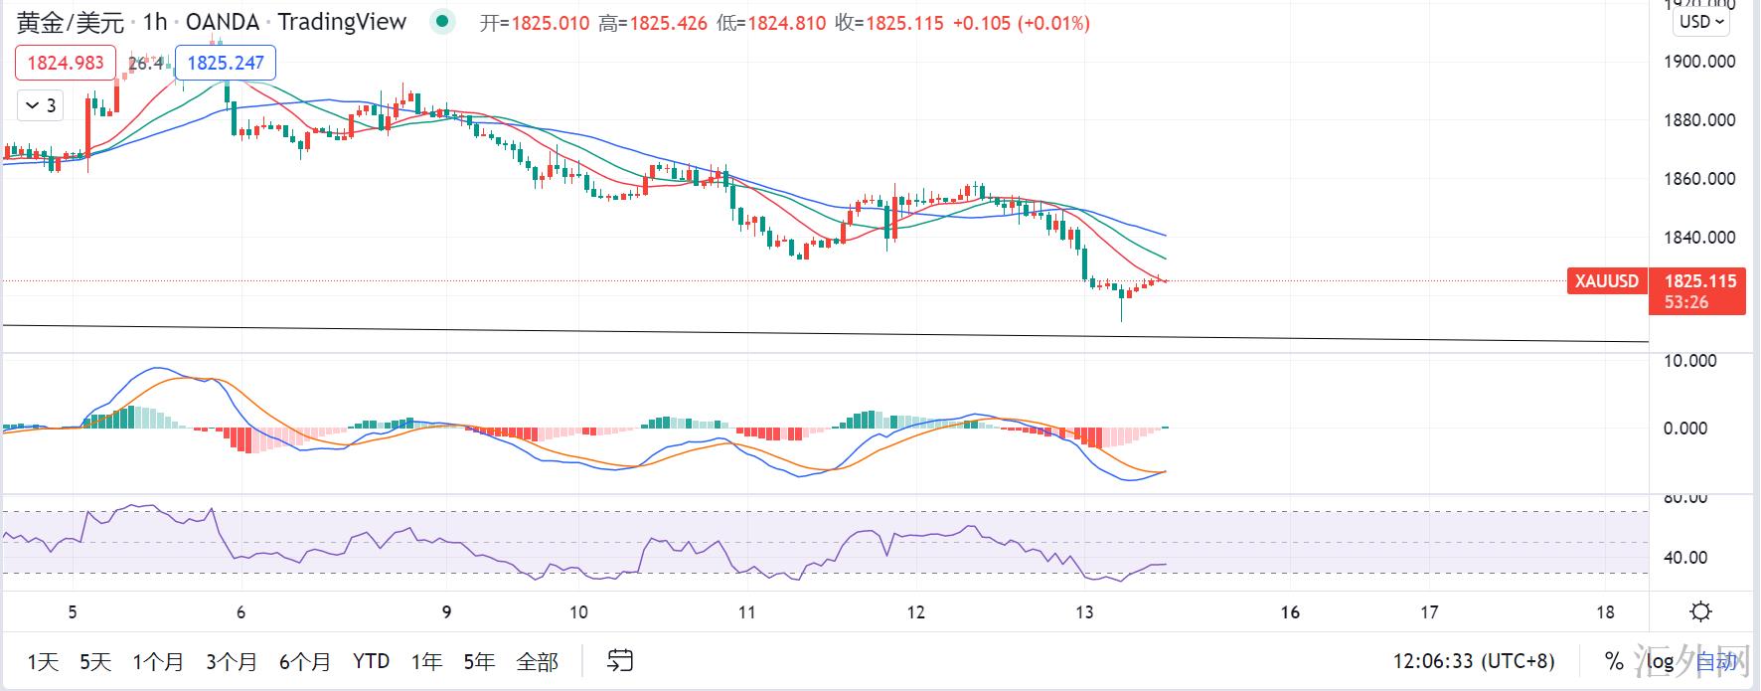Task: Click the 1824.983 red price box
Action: tap(66, 63)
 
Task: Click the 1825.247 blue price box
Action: tap(226, 63)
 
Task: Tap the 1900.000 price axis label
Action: tap(1699, 62)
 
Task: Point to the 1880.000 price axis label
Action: tap(1699, 120)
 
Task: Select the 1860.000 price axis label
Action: tap(1699, 179)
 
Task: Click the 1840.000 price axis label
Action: tap(1699, 238)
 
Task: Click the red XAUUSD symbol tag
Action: tap(1606, 281)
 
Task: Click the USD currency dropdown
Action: tap(1701, 22)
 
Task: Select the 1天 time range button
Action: tap(43, 661)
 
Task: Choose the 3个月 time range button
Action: tap(232, 661)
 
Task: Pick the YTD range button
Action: tap(371, 661)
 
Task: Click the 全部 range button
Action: tap(538, 661)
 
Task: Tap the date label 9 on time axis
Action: tap(446, 612)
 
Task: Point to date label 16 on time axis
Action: tap(1290, 612)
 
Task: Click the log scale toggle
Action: tap(1660, 661)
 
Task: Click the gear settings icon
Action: tap(1700, 611)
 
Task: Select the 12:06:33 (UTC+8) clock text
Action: tap(1474, 661)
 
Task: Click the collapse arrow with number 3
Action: tap(41, 105)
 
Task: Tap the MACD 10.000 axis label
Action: tap(1689, 361)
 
